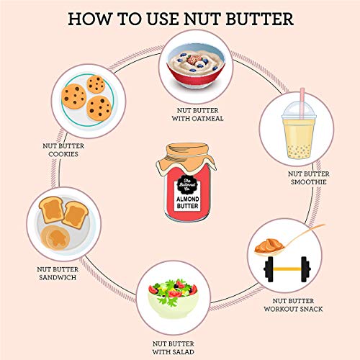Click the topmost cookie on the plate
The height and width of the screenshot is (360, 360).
96,84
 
